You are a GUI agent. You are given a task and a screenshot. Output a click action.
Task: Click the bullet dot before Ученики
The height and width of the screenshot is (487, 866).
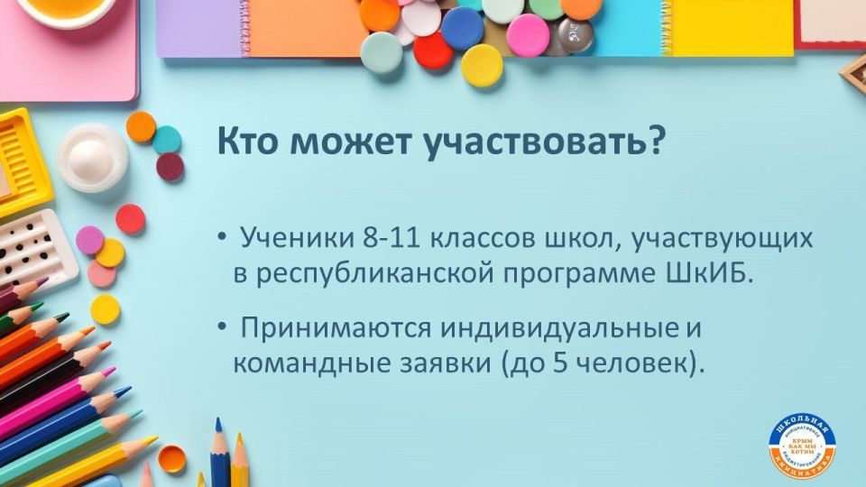(x=222, y=240)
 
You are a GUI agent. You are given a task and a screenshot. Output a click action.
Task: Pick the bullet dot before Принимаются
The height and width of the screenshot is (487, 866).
(x=222, y=329)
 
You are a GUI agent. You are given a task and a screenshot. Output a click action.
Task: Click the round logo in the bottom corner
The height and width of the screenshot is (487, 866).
(x=802, y=446)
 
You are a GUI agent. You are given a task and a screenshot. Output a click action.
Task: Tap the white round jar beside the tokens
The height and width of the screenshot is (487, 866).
(x=91, y=158)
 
